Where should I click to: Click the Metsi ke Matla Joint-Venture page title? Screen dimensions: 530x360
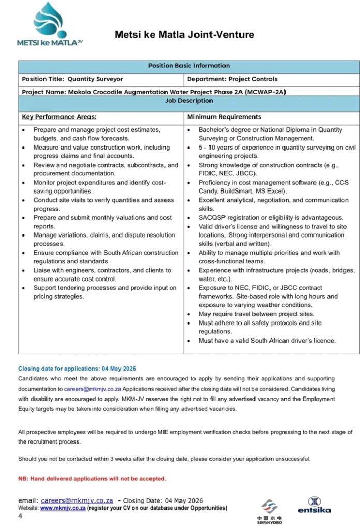coord(185,35)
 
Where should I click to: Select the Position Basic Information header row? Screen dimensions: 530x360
coord(189,66)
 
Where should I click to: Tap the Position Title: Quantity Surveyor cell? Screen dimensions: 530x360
coord(72,79)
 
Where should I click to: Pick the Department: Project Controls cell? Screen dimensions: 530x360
coord(232,79)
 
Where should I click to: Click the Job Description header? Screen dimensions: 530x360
coord(189,101)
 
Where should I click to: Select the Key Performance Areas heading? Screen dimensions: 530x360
coord(59,117)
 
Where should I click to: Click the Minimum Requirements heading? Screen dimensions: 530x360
coord(224,117)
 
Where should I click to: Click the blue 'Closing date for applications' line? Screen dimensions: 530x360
coord(77,369)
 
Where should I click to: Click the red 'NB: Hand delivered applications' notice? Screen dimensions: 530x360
coord(92,479)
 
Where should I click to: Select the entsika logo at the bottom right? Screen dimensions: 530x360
coord(314,505)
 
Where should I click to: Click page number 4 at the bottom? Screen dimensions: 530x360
coord(20,516)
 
